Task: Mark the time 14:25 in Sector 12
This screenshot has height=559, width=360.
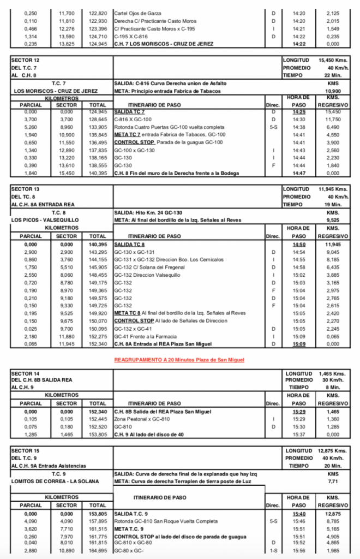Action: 298,111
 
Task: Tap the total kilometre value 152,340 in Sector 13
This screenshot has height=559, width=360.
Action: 98,344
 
